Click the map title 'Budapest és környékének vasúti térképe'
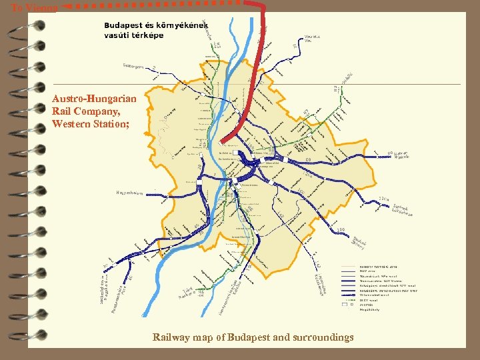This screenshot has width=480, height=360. tap(143, 30)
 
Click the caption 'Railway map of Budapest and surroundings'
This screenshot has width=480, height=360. tap(253, 337)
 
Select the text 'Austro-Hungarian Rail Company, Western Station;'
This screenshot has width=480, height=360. tap(94, 111)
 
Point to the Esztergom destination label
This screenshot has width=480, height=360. tap(133, 66)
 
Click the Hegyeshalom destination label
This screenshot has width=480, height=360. tap(129, 193)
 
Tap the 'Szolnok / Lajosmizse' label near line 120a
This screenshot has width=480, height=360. tap(403, 210)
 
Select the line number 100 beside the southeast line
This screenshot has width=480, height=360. tap(341, 230)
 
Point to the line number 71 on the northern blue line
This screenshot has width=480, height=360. tap(295, 46)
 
